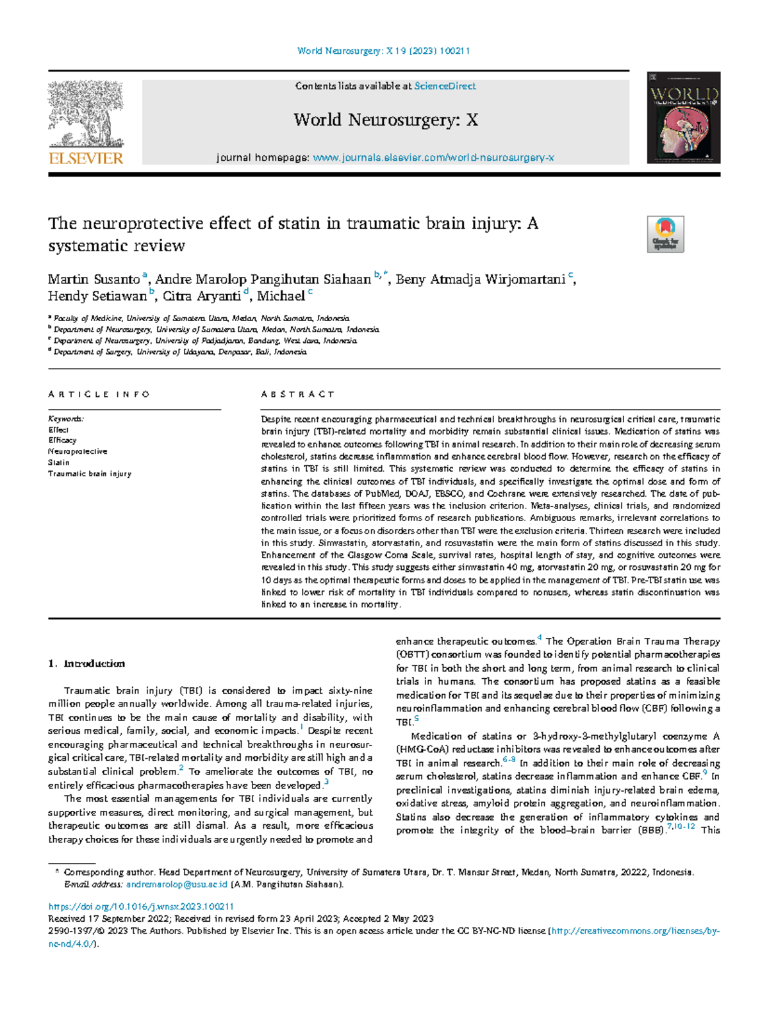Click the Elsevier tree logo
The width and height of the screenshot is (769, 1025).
(86, 115)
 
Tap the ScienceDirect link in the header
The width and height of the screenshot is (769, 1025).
(445, 86)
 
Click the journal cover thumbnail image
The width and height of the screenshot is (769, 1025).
(683, 117)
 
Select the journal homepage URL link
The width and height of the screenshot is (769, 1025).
(433, 158)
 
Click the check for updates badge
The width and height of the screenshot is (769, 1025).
(666, 234)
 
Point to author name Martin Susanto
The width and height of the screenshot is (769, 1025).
(94, 279)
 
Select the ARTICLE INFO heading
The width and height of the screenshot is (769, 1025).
(99, 394)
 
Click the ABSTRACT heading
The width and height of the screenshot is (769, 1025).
(297, 394)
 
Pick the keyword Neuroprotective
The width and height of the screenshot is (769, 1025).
(78, 451)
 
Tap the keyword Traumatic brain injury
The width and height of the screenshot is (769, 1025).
(90, 474)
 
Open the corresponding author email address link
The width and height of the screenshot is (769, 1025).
(177, 885)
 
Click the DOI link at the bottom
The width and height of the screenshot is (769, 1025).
(141, 906)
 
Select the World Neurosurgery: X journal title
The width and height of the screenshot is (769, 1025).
(386, 120)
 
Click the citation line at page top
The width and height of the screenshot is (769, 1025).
(384, 51)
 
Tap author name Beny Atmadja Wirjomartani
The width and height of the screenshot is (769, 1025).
(481, 279)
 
